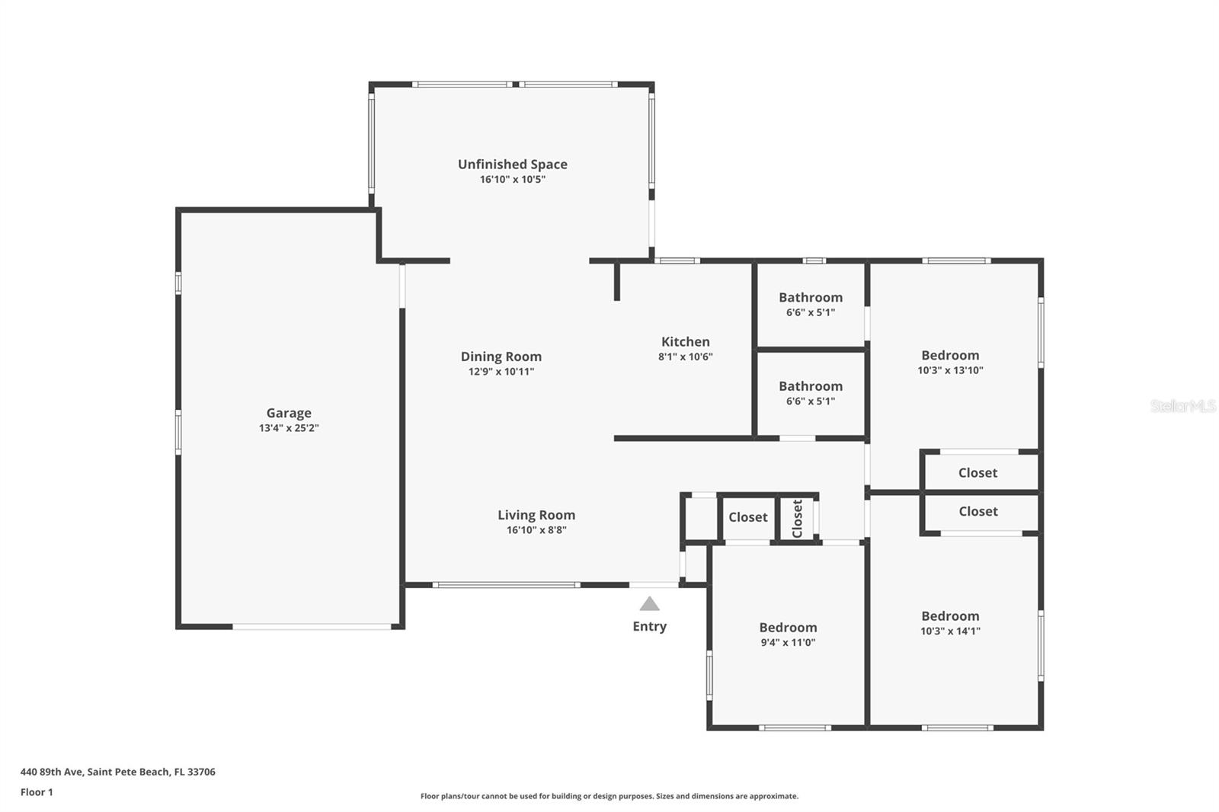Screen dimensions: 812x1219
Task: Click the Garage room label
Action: coord(289,413)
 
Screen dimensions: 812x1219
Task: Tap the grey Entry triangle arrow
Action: coord(649,604)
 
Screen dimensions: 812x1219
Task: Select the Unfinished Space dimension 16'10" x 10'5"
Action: coord(512,180)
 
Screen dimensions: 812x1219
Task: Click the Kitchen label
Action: coord(685,342)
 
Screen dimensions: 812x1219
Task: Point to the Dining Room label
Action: coord(501,356)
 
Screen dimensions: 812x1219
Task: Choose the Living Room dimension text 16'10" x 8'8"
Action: coord(536,530)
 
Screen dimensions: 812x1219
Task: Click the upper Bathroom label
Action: coord(810,297)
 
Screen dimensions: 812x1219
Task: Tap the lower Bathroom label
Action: coord(810,386)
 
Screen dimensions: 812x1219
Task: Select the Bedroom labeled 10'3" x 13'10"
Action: coord(950,355)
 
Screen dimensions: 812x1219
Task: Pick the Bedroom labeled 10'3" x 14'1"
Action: coord(950,616)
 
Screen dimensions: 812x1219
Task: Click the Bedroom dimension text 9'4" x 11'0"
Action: coord(788,642)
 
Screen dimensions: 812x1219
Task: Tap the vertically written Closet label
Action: coord(797,518)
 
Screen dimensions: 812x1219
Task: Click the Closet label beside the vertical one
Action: coord(747,517)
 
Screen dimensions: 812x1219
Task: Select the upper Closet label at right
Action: coord(977,473)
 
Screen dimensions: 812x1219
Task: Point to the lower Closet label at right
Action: coord(977,511)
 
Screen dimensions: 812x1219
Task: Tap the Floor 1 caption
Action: coord(37,792)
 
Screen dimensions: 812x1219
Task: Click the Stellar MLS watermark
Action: coord(1182,406)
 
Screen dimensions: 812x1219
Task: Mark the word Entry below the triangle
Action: coord(649,626)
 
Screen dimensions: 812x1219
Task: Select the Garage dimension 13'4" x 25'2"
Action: coord(289,428)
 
